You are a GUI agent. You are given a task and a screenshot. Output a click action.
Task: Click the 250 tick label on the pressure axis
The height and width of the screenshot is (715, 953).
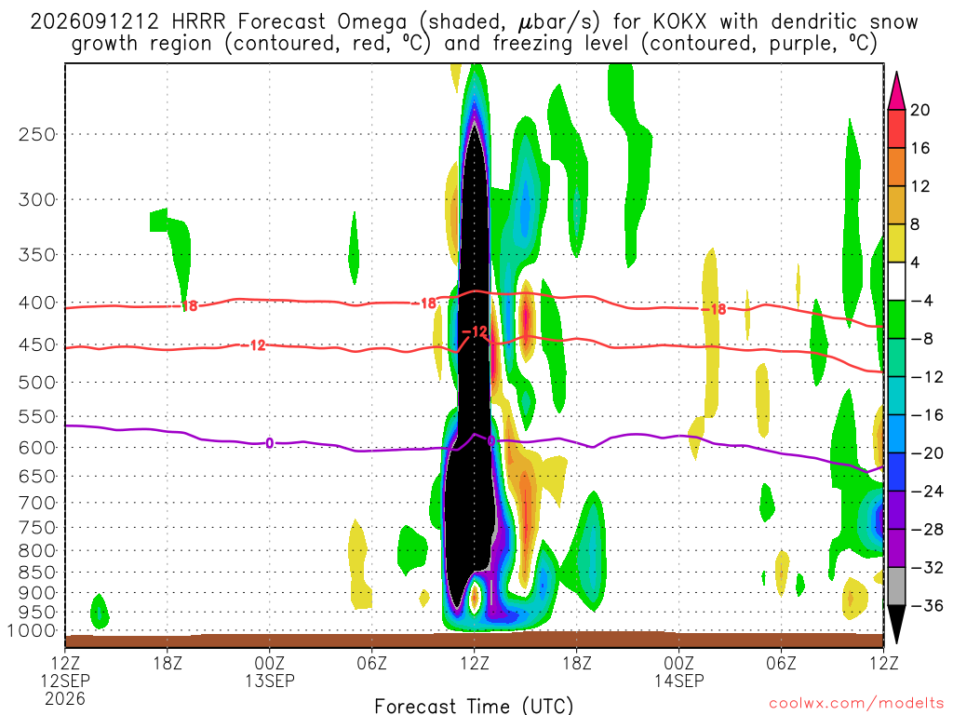37,134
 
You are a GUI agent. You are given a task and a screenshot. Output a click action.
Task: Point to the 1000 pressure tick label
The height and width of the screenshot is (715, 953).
32,631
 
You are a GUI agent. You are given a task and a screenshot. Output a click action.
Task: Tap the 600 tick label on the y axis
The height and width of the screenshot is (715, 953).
37,448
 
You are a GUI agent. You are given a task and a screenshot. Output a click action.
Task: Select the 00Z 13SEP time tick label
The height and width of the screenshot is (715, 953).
269,671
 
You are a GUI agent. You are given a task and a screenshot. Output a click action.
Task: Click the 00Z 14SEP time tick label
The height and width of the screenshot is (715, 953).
678,671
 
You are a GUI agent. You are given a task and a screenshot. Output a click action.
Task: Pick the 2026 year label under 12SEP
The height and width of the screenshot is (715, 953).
65,698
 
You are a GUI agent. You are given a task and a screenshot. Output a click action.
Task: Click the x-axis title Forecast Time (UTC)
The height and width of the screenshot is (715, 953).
474,706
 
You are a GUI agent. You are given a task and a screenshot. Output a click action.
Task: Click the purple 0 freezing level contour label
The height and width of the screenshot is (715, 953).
269,443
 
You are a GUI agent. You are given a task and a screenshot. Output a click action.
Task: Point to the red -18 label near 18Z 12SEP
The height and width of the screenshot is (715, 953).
190,305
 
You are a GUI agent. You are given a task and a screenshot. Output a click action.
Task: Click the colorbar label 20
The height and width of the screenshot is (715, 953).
920,110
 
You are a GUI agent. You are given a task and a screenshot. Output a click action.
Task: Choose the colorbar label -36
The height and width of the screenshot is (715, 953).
927,605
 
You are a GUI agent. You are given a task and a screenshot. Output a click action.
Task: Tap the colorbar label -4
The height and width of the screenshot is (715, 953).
922,301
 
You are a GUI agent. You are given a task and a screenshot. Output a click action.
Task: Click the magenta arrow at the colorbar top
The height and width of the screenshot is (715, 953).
896,91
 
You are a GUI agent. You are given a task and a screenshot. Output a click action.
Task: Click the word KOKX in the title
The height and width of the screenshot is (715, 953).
680,22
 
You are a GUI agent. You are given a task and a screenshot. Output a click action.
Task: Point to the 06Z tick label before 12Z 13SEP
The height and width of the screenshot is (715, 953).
371,663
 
